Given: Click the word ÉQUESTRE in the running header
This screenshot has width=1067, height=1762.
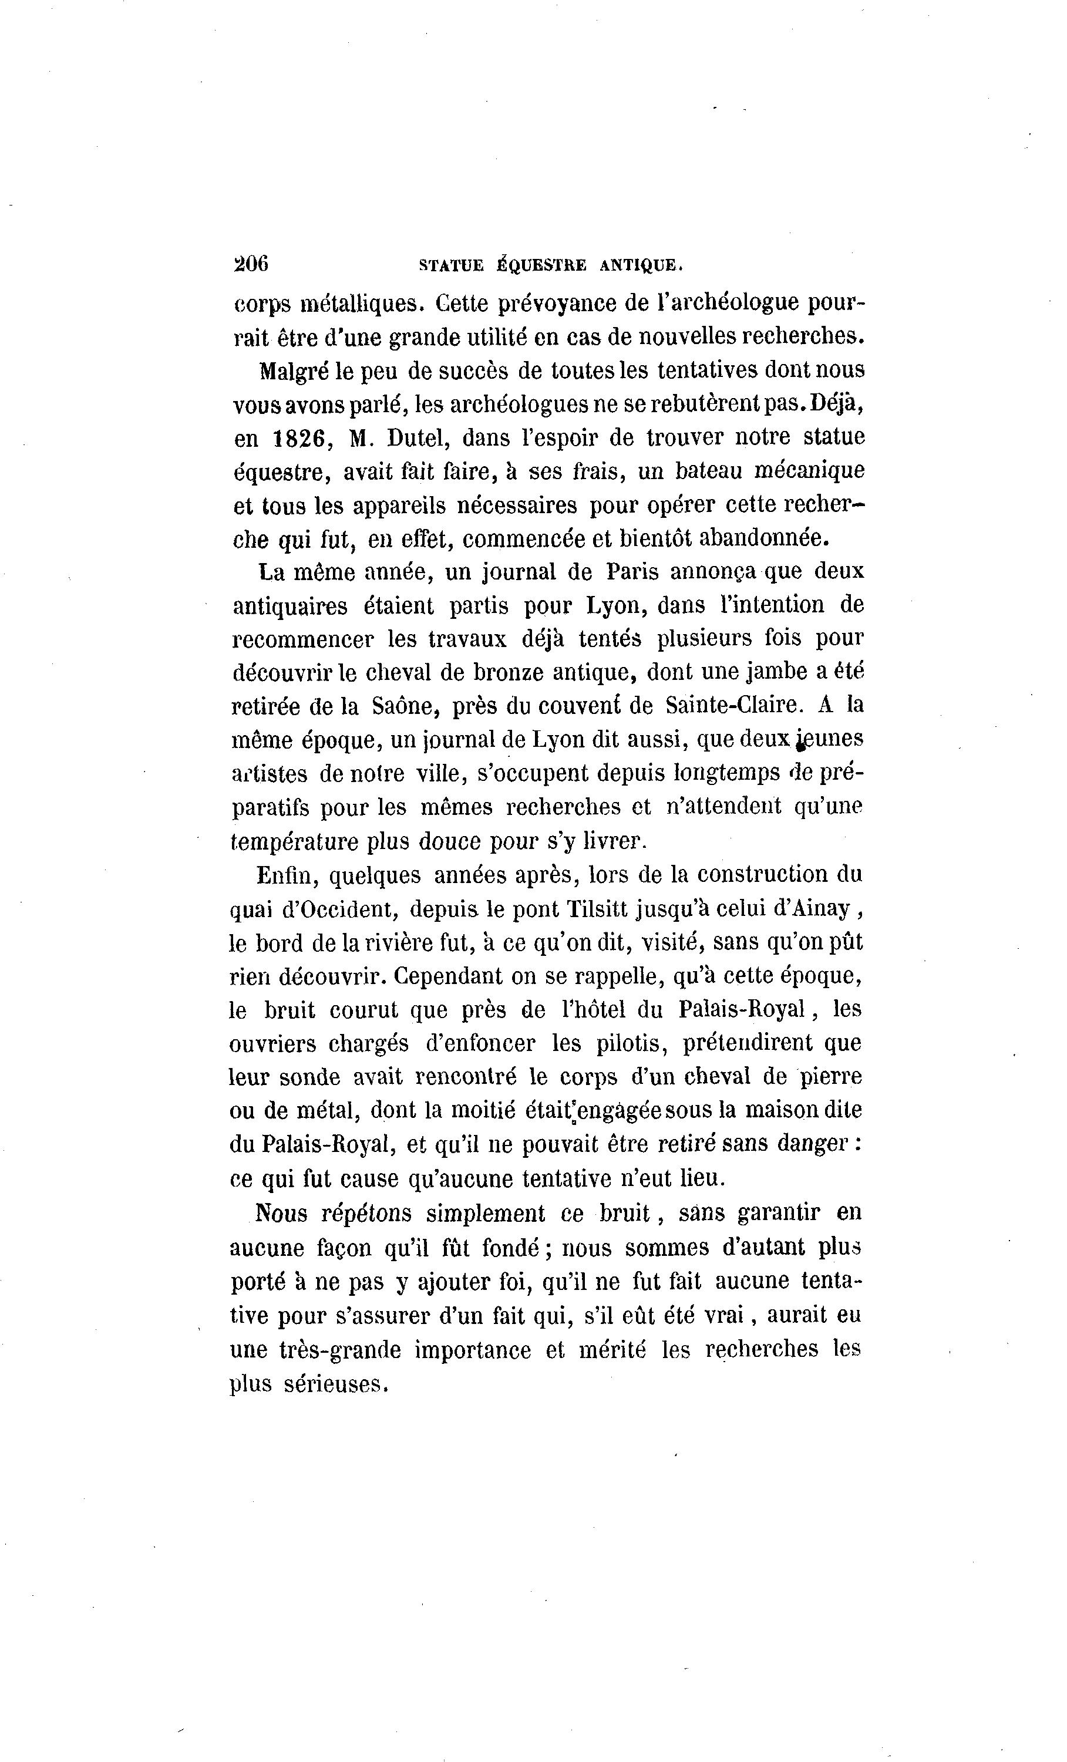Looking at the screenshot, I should pos(541,265).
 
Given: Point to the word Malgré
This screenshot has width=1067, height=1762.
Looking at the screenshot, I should pos(293,371).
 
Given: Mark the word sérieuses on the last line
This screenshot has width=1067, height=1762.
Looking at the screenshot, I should pos(335,1385).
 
